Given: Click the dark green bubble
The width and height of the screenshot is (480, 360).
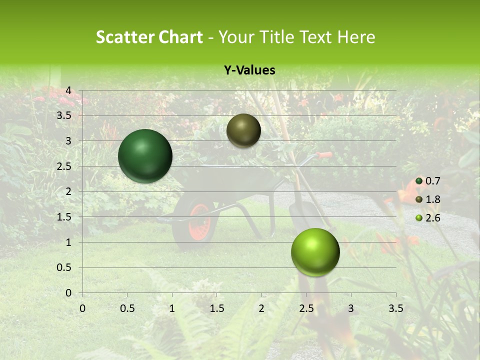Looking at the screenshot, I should pyautogui.click(x=145, y=156).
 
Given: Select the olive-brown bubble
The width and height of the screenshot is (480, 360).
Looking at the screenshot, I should pyautogui.click(x=243, y=130).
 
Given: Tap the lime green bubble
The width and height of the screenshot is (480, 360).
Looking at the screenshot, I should pyautogui.click(x=315, y=252).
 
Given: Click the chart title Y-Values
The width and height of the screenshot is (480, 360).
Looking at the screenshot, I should pyautogui.click(x=249, y=70).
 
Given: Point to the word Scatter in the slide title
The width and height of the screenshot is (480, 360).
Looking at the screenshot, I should pyautogui.click(x=124, y=37).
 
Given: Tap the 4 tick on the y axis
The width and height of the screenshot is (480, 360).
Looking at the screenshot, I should pyautogui.click(x=69, y=90).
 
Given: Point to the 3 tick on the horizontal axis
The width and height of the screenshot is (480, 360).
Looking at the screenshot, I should pyautogui.click(x=351, y=308).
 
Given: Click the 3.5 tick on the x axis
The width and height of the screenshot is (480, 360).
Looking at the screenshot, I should pyautogui.click(x=395, y=308).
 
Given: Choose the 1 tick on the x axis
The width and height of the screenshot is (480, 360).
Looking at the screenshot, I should pyautogui.click(x=172, y=308).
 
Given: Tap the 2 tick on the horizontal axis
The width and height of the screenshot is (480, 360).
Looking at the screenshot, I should pyautogui.click(x=261, y=308).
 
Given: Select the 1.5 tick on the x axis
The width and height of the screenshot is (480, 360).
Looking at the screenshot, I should pyautogui.click(x=216, y=308).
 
